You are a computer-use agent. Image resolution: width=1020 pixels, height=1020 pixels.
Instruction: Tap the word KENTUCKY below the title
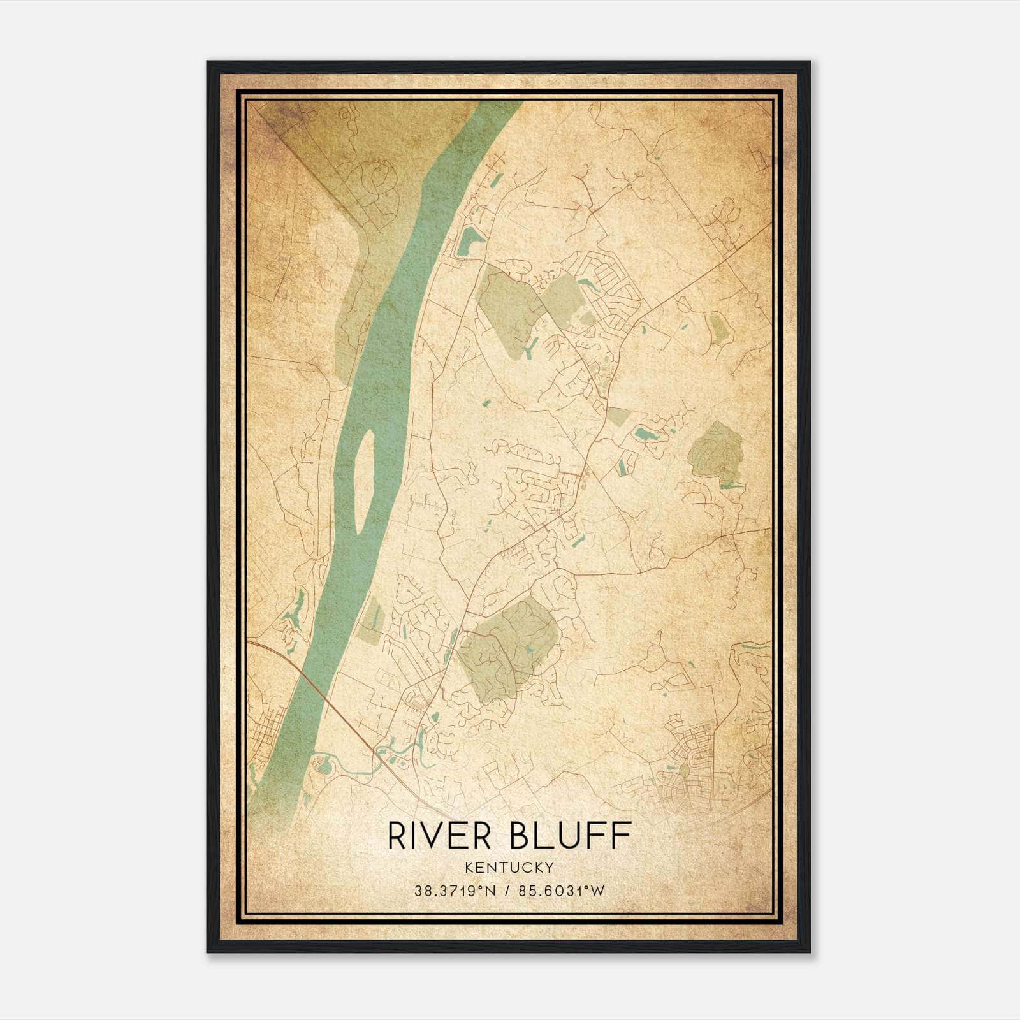[509, 868]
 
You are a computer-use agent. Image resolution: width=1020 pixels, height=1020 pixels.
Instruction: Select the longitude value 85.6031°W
[561, 891]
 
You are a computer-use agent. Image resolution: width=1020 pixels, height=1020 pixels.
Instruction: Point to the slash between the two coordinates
[507, 891]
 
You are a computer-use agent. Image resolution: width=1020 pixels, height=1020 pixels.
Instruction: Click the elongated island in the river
[363, 481]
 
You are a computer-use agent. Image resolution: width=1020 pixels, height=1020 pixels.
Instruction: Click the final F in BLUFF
[621, 835]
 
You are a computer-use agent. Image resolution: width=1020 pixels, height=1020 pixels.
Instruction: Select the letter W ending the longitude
[597, 891]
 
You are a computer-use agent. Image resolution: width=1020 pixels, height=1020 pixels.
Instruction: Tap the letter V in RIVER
[444, 835]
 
